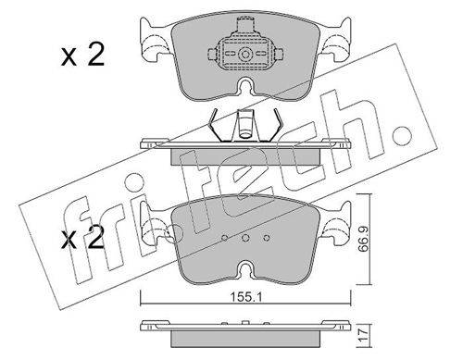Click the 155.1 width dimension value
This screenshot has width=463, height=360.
point(246,297)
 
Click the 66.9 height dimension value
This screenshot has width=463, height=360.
point(365,240)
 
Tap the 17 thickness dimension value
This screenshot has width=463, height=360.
point(365,333)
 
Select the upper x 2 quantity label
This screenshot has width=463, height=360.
point(82,56)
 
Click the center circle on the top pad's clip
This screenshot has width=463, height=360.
point(245,55)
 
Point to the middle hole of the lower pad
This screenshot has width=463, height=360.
point(245,238)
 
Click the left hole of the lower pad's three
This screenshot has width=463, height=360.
point(225,238)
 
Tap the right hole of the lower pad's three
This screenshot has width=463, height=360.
point(267,238)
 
